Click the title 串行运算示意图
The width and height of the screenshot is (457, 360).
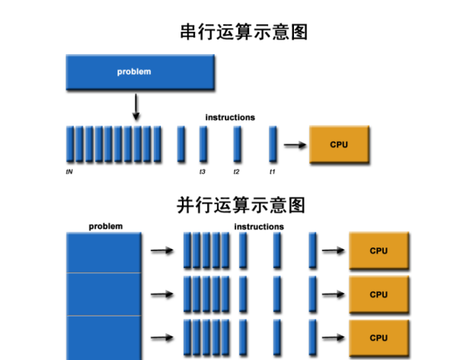pos(244,33)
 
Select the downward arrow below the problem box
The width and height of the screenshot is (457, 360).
pos(136,107)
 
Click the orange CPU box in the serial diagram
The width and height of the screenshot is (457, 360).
pos(339,145)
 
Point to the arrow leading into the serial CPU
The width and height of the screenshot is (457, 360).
pos(294,145)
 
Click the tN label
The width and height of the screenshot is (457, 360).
pos(69,172)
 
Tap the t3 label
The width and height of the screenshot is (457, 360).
pos(203,172)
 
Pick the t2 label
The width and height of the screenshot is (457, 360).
pos(236,172)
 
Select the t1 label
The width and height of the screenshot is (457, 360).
pos(272,172)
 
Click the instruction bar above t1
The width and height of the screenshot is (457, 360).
pos(273,144)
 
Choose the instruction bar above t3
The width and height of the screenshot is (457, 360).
pos(203,144)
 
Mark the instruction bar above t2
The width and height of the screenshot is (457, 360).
pos(238,144)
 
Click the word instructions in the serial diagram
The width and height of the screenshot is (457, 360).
pos(230,117)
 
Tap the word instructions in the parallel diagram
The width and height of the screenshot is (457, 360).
pos(259,227)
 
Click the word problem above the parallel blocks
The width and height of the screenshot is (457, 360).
pos(105,226)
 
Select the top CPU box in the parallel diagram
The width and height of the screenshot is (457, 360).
pos(379,250)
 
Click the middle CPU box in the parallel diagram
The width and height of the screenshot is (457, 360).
pos(379,295)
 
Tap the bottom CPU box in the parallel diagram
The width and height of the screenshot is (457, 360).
pos(379,338)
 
